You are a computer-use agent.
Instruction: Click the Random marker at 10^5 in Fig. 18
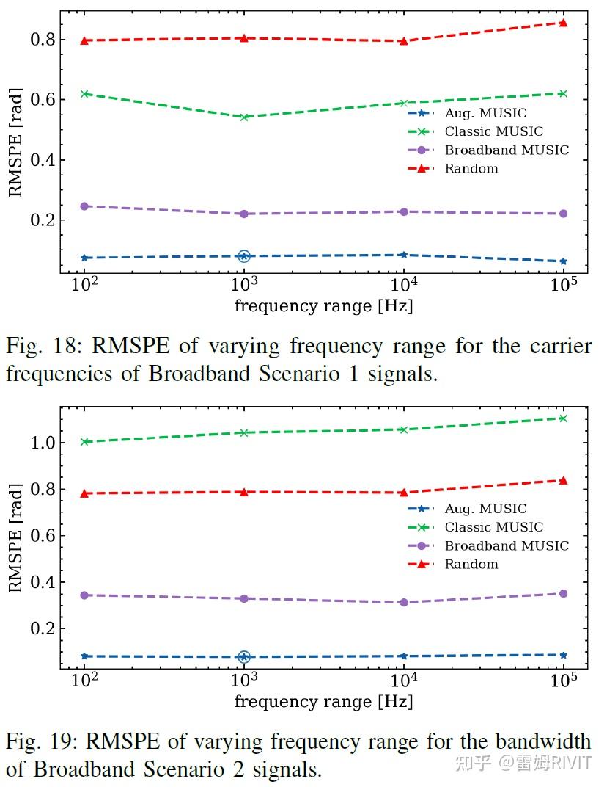click(563, 23)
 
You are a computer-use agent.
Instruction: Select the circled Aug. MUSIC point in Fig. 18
click(244, 256)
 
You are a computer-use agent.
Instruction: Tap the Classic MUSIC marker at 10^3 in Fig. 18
click(244, 117)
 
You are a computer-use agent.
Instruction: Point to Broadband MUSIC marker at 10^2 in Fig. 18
click(84, 206)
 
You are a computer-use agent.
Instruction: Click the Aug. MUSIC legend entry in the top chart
click(485, 113)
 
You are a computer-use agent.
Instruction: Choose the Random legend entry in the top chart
click(471, 169)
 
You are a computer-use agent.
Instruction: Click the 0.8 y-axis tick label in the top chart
click(43, 40)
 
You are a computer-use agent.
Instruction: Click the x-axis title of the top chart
click(323, 306)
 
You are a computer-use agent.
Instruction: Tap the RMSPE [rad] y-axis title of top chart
click(15, 142)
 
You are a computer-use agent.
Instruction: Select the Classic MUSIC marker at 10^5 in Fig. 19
click(563, 418)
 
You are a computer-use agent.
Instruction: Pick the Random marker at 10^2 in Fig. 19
click(84, 493)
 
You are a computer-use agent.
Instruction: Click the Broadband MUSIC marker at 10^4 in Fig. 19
click(403, 602)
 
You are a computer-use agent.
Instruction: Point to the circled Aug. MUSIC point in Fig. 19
click(244, 657)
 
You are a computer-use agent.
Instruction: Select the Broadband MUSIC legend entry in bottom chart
click(506, 546)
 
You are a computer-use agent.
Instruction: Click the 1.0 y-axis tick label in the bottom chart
click(43, 443)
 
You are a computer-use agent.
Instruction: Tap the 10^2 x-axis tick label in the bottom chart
click(84, 679)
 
